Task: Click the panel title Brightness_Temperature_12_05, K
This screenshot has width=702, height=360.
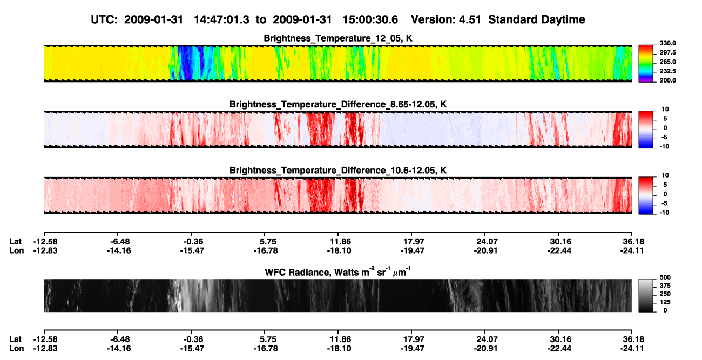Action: [x=338, y=38]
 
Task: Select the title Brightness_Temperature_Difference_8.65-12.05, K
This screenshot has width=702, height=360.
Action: [x=338, y=104]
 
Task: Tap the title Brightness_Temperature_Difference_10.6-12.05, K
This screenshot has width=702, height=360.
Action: [x=338, y=171]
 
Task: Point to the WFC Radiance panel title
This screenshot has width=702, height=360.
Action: [x=338, y=272]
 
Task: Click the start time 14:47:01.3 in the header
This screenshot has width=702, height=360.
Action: [x=221, y=19]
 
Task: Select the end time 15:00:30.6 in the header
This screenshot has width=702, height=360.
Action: [x=370, y=19]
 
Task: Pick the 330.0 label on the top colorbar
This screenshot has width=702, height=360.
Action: [x=667, y=43]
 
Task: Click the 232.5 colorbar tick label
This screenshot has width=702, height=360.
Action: [x=667, y=71]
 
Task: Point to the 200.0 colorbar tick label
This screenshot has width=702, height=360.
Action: [x=667, y=80]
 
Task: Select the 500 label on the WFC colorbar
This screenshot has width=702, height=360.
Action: [x=665, y=277]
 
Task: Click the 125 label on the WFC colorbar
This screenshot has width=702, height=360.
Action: [x=665, y=302]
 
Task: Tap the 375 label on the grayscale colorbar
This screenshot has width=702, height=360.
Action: [x=665, y=286]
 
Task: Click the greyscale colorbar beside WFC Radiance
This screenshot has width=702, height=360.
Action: [x=646, y=295]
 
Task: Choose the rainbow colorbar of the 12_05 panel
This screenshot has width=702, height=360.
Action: [x=646, y=64]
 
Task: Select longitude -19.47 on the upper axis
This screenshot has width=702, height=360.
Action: [x=413, y=250]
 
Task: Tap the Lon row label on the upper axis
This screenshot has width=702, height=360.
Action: [x=17, y=250]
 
